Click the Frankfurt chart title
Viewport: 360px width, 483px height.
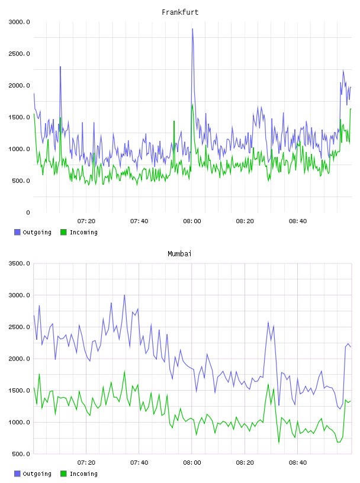pos(180,12)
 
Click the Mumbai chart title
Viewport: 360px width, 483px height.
pos(179,254)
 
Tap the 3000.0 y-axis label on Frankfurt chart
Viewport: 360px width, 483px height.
pos(19,22)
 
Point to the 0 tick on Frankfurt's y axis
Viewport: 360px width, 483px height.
pos(28,212)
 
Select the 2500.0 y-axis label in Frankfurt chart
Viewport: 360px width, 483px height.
pos(19,54)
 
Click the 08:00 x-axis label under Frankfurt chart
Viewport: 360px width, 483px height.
pos(192,221)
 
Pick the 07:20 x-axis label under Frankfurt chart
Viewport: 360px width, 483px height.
pos(86,221)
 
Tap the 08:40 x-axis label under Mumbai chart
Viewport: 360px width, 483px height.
pos(298,463)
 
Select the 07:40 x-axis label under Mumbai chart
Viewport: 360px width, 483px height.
pos(139,463)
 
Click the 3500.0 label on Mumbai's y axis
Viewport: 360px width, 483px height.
pos(19,263)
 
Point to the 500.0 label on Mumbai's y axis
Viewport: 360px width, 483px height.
pos(21,454)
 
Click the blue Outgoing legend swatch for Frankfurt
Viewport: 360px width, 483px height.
pos(17,232)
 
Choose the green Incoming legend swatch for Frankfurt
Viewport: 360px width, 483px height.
pos(63,232)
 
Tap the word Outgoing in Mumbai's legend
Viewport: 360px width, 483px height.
pos(37,474)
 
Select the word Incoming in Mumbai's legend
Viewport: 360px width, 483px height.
pos(83,474)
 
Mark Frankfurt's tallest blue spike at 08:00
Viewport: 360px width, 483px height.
pos(192,29)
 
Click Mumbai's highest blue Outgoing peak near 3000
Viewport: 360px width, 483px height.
pos(124,295)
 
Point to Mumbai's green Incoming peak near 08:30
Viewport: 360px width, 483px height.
pos(268,384)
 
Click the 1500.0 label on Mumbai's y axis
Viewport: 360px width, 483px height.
pos(19,391)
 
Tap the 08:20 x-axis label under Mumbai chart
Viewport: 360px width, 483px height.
pos(245,463)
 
